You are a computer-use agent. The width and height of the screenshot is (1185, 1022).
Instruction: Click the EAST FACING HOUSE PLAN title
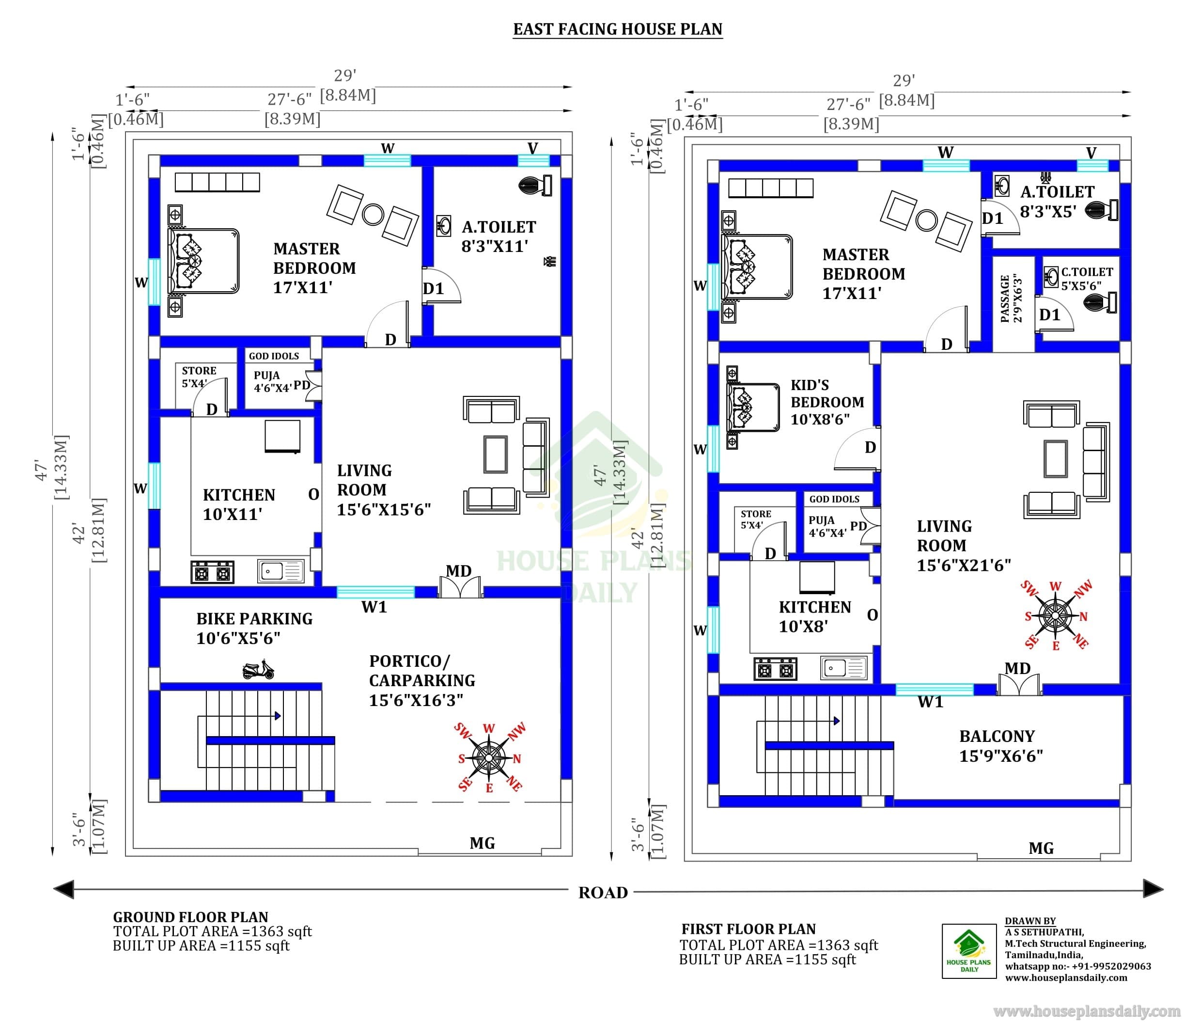[x=618, y=29]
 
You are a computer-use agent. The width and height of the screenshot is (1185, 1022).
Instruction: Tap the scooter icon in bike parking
[x=258, y=670]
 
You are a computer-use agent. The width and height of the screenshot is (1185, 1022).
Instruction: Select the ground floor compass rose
[x=489, y=758]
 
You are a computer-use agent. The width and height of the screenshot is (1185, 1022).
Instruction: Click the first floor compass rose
[x=1056, y=615]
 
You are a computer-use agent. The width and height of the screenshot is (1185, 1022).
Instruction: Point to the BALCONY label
[x=997, y=736]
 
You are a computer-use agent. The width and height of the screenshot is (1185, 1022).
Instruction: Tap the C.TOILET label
[x=1087, y=272]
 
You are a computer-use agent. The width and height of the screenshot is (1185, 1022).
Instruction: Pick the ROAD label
[x=603, y=893]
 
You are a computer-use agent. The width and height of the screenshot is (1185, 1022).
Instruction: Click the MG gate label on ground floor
[x=482, y=843]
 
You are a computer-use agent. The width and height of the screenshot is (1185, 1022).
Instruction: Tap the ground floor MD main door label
[x=459, y=571]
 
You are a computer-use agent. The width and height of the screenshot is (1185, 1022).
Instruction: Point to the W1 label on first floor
[x=931, y=702]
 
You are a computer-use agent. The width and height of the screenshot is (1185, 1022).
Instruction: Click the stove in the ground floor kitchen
[x=212, y=572]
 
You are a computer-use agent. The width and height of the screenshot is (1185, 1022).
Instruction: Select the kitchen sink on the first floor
[x=844, y=667]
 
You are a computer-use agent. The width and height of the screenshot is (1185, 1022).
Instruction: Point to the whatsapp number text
[x=1078, y=966]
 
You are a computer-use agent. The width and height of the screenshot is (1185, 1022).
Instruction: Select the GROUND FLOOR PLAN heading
[x=190, y=917]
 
